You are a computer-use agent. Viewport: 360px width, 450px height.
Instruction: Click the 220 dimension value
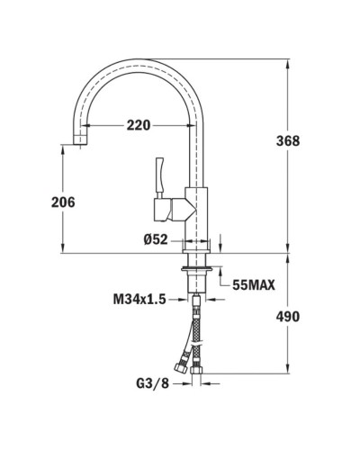pos(138,125)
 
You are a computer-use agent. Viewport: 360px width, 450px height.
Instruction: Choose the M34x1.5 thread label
pos(139,299)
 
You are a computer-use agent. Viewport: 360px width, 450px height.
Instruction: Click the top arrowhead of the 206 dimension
pos(62,150)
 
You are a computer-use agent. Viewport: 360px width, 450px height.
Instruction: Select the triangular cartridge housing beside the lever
pos(176,211)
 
